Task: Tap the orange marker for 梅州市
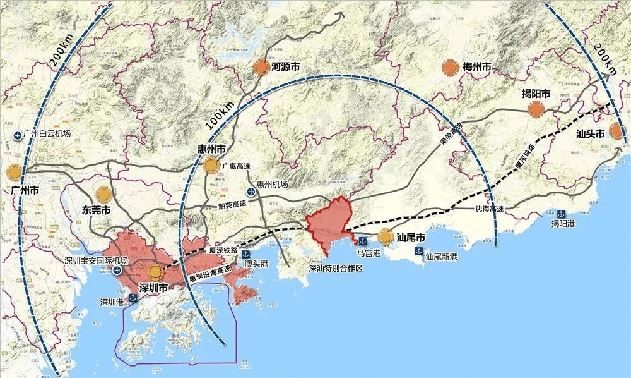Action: click(x=477, y=66)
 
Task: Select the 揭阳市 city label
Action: click(x=536, y=94)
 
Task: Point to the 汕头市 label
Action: click(x=591, y=133)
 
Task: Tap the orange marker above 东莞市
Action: click(x=103, y=195)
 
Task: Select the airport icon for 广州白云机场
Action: click(x=16, y=135)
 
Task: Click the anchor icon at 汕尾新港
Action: click(x=418, y=251)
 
